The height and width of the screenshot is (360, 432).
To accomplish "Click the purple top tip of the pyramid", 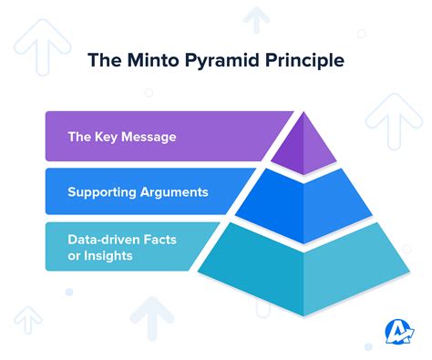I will coord(304,146).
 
